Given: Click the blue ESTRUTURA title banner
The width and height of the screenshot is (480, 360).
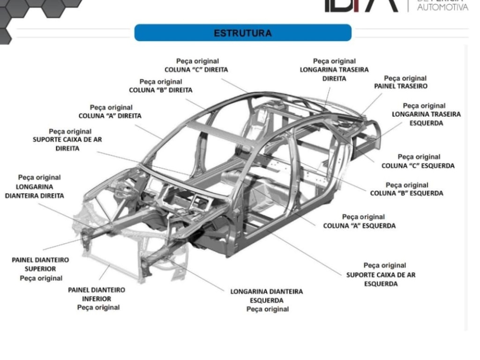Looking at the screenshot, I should [x=242, y=33].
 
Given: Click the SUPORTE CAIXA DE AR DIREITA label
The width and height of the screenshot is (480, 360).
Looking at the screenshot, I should [x=67, y=140].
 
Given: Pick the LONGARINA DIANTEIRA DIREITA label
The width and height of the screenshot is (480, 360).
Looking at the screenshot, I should [x=36, y=187].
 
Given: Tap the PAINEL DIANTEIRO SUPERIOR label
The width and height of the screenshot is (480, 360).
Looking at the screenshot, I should [x=40, y=269].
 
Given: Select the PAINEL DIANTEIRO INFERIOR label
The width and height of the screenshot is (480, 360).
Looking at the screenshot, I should [x=97, y=299].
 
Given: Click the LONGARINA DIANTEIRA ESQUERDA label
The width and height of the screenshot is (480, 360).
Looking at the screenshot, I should [x=267, y=300].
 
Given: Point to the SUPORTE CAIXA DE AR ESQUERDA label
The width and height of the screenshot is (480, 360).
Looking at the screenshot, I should [x=381, y=275].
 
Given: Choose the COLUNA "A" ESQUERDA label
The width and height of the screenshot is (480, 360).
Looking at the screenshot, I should [x=360, y=221].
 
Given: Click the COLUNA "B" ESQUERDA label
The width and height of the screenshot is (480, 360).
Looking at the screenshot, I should [x=406, y=189].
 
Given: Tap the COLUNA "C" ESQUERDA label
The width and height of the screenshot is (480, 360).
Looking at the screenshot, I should [x=418, y=161].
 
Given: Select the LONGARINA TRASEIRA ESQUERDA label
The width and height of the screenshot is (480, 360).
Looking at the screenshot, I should [x=426, y=114].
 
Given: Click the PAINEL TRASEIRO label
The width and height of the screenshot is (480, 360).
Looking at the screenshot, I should [x=401, y=82].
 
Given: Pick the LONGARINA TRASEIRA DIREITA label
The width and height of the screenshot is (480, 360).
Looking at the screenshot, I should [x=334, y=70].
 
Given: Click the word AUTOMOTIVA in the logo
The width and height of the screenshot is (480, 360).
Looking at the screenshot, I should [x=442, y=7].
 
